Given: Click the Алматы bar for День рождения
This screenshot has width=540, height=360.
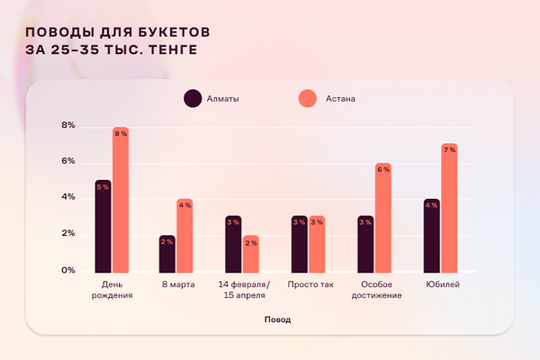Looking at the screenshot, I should tap(103, 226).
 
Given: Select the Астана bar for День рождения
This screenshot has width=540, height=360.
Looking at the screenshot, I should tap(121, 200).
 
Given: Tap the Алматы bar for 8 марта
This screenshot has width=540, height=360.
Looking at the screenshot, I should tap(167, 253).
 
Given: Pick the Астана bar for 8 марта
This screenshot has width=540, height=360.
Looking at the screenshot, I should tap(184, 235).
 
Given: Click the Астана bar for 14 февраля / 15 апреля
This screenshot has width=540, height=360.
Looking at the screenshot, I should tap(250, 253).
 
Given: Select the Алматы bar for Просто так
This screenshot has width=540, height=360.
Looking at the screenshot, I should tap(300, 244).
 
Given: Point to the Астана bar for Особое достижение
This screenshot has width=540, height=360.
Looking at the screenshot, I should tap(383, 217).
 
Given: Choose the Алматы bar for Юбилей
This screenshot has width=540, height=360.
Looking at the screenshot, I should tap(432, 235).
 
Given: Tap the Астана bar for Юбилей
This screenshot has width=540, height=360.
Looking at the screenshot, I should tap(449, 208).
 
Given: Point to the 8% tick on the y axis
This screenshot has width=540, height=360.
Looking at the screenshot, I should tap(68, 126).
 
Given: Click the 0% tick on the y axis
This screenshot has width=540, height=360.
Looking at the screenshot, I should tap(68, 271).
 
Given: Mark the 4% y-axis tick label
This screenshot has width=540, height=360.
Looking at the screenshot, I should tap(68, 198).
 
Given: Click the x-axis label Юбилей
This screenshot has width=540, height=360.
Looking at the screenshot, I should tap(441, 285).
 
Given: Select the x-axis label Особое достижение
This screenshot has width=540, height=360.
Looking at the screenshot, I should tap(374, 290).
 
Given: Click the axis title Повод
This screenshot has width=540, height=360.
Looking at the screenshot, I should tap(277, 319).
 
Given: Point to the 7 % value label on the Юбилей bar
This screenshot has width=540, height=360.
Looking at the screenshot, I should tap(449, 149).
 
